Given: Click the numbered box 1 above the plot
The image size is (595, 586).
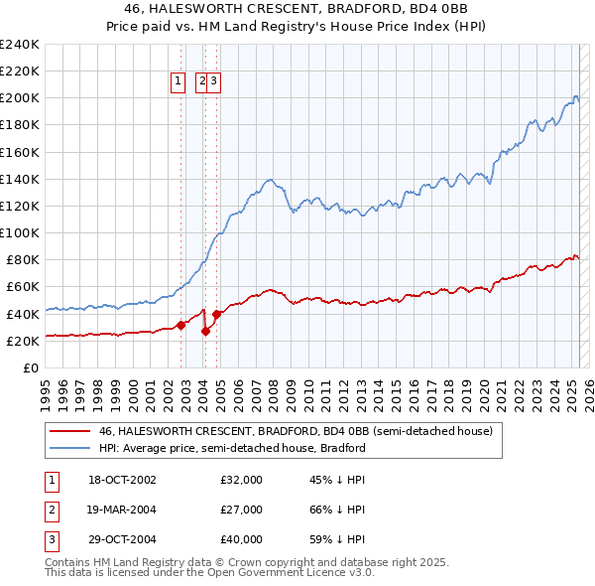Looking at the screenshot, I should click(x=178, y=82).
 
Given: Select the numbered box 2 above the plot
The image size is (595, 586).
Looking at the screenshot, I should click(x=202, y=82).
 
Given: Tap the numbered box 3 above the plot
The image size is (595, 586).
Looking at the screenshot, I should click(x=213, y=82).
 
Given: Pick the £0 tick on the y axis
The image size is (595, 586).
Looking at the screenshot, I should click(x=30, y=367).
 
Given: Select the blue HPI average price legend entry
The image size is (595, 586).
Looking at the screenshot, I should click(x=232, y=448).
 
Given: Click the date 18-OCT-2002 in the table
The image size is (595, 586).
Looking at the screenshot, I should click(x=122, y=480).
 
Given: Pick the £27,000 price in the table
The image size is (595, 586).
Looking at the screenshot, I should click(x=241, y=510).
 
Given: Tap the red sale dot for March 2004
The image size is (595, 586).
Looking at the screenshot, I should click(x=205, y=332).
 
